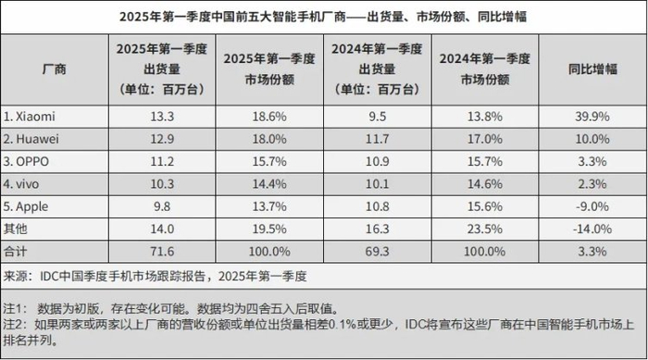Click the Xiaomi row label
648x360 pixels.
pos(34,116)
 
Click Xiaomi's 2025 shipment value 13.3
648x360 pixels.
pos(158,116)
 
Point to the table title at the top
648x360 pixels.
pos(324,18)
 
